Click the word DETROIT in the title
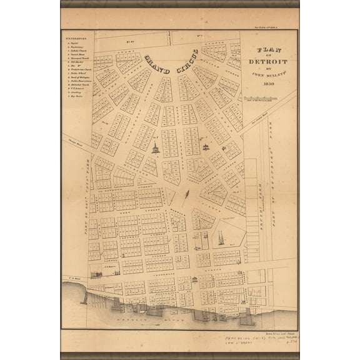pyautogui.click(x=267, y=62)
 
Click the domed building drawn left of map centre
pyautogui.click(x=154, y=149)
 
